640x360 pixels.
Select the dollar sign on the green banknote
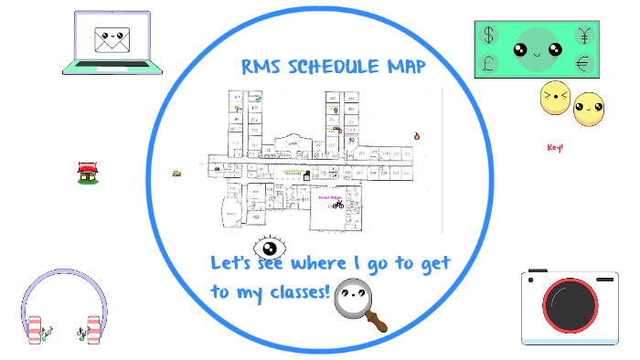[x=489, y=35]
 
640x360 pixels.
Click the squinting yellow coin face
[x=554, y=99]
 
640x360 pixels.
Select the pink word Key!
[x=555, y=147]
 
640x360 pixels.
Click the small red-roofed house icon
[x=88, y=172]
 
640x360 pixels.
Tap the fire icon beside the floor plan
[x=416, y=136]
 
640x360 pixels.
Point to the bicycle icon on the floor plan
[x=337, y=205]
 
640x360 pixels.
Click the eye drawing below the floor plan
[x=270, y=247]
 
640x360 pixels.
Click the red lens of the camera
[x=569, y=307]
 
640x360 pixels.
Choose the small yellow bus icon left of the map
[x=176, y=172]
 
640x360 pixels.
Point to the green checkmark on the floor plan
[x=259, y=98]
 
